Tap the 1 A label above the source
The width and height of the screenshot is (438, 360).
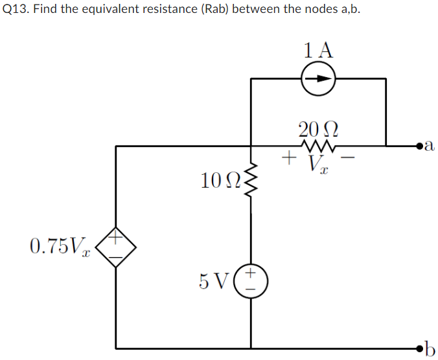[317, 50]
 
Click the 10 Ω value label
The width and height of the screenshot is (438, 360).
[220, 182]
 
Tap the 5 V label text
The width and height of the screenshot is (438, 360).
[213, 282]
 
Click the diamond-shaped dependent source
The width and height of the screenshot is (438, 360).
[116, 247]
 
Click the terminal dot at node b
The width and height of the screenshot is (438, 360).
[420, 348]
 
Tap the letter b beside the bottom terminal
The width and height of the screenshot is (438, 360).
[430, 348]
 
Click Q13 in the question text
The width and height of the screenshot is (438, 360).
[16, 11]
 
